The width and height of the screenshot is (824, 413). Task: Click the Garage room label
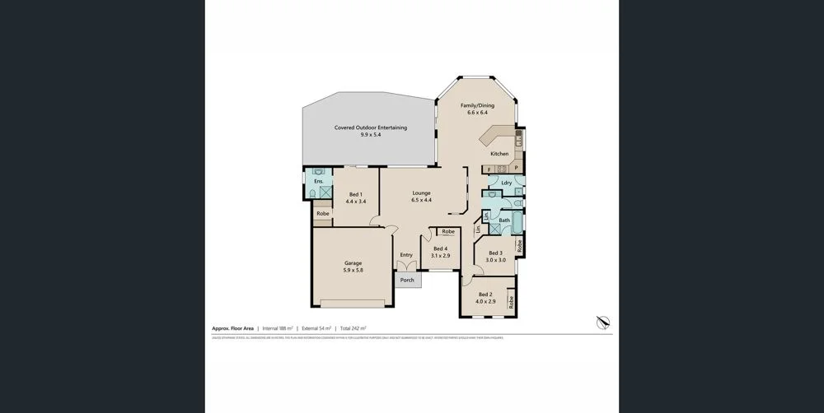tap(353, 263)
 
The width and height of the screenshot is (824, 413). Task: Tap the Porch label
tap(406, 281)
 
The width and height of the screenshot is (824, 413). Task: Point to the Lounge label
tap(421, 193)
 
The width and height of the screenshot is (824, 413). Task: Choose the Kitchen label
tap(499, 154)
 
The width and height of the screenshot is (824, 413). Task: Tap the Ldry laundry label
tap(507, 182)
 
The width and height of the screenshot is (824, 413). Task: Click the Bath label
tap(504, 220)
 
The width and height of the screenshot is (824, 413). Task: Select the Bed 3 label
tap(495, 253)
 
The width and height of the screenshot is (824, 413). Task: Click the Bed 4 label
tap(440, 248)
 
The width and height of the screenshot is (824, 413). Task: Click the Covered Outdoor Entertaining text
tap(370, 128)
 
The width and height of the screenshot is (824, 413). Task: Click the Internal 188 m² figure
tap(279, 328)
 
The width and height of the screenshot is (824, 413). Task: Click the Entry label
tap(406, 255)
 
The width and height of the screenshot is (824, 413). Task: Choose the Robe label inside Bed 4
tap(447, 232)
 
